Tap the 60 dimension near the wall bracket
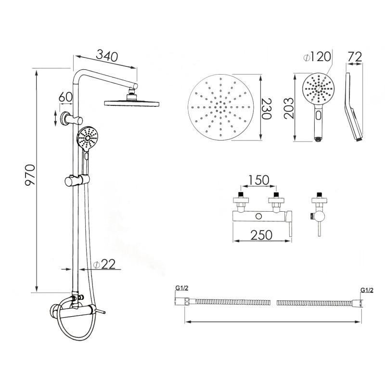[x=65, y=96]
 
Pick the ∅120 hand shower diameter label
[x=318, y=57]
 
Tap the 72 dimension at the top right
[x=355, y=56]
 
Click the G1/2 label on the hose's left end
[x=181, y=288]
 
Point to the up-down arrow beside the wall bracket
[x=55, y=118]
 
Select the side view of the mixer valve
[x=317, y=214]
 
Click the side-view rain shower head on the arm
[x=131, y=101]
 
